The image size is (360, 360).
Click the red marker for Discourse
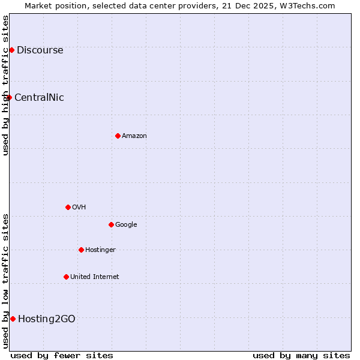11,50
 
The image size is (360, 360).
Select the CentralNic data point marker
9,97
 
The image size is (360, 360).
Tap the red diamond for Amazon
118,136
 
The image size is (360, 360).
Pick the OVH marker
68,207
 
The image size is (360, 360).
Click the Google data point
111,224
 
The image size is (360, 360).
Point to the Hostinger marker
81,250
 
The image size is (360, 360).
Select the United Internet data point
66,277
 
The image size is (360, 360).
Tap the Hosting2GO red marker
13,319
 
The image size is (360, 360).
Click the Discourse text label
40,50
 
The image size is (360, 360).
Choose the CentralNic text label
39,97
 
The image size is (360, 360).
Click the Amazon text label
134,136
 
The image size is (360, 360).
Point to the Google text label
126,224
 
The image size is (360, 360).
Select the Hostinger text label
100,250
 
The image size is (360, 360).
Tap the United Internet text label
95,277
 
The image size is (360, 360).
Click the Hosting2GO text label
47,319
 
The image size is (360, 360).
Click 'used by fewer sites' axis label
62,355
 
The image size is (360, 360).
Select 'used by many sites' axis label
301,355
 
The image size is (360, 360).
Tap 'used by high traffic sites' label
6,85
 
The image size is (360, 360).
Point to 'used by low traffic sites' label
6,281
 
